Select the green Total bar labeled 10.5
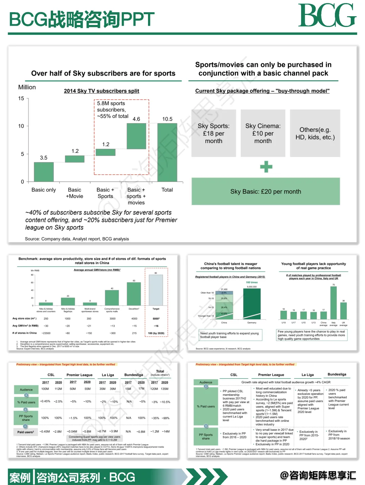[167, 153]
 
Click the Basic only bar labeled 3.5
[44, 172]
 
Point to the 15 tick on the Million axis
[21, 99]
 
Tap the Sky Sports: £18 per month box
[214, 133]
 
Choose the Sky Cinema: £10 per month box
[263, 133]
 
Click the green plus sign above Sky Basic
[266, 167]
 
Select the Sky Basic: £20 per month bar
[266, 191]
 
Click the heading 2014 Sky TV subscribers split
[101, 91]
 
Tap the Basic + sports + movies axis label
[136, 196]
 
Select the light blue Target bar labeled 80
[156, 290]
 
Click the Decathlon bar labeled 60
[134, 294]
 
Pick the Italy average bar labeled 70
[334, 303]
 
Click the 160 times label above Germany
[252, 282]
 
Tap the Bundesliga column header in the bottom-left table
[133, 375]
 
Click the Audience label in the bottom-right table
[206, 382]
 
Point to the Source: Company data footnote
[77, 239]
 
